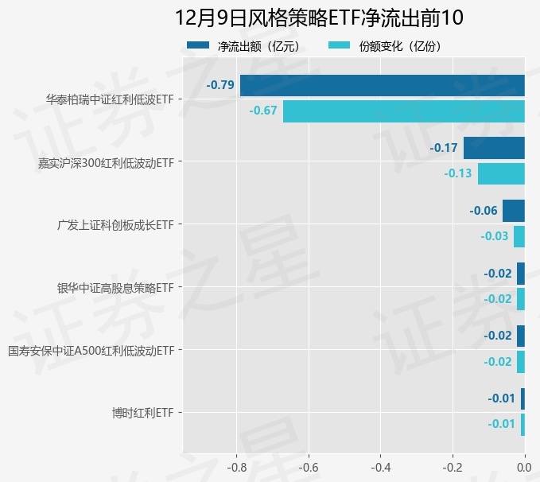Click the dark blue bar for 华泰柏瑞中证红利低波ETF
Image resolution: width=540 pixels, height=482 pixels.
pos(382,85)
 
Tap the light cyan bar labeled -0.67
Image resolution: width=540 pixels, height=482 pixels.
pos(403,111)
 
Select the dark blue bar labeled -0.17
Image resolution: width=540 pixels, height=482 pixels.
pos(494,148)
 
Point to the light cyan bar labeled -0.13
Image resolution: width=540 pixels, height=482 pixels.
pos(501,173)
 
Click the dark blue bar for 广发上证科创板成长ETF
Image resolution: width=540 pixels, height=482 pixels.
pos(513,211)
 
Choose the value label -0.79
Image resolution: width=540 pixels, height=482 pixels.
pos(219,85)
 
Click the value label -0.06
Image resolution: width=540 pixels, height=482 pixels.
pos(484,211)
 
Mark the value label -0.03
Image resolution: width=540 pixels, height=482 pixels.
pos(494,236)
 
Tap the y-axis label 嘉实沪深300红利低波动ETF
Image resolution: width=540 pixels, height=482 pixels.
pos(106,162)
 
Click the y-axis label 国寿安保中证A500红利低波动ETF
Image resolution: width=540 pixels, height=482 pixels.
pos(91,350)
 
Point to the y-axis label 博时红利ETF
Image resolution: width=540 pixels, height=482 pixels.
pos(142,413)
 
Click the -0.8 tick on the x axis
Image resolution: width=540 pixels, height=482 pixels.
pos(236,467)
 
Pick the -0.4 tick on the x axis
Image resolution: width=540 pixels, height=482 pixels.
pos(380,467)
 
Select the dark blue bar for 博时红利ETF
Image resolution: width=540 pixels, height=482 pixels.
pos(523,398)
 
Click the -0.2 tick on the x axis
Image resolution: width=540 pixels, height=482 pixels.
pos(453,467)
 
